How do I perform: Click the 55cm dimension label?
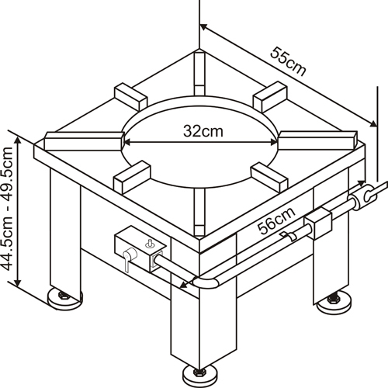click(288, 61)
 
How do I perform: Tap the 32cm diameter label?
click(203, 131)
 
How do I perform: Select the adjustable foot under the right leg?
click(334, 303)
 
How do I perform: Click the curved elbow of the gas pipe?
click(206, 282)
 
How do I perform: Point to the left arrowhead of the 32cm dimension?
click(127, 142)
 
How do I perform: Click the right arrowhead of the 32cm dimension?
click(273, 142)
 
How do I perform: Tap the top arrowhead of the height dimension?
click(18, 141)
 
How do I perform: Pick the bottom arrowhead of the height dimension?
click(18, 282)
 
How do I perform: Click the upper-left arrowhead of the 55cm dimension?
click(204, 26)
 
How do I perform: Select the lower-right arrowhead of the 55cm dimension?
click(372, 123)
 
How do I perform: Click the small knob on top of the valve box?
click(149, 243)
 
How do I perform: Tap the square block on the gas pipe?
click(318, 224)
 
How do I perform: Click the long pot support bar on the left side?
click(83, 140)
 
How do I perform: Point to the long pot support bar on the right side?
click(318, 140)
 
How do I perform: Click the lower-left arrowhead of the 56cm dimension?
click(184, 285)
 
